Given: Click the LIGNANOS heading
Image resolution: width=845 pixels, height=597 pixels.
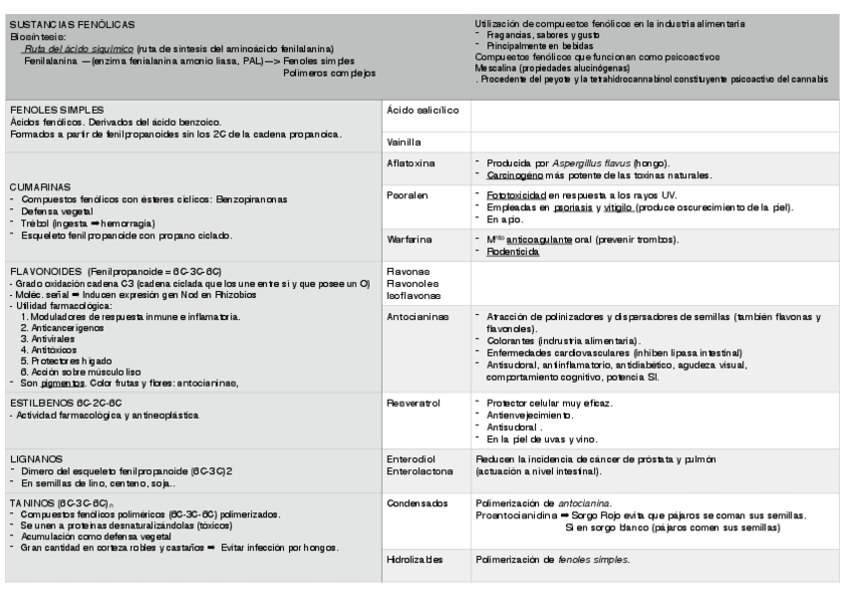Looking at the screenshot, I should click(x=35, y=456).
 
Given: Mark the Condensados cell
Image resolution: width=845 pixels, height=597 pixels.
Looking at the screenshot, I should click(x=419, y=503).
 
